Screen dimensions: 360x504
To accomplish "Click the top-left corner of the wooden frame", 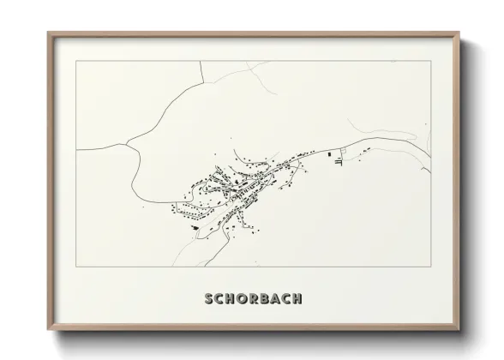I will (x=48, y=33).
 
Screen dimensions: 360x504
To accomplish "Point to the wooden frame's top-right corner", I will (x=459, y=33).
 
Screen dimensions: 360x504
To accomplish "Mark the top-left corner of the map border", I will (x=77, y=62).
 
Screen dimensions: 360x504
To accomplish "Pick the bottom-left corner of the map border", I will (x=77, y=267).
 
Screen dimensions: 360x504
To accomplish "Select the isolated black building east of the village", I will (x=329, y=153).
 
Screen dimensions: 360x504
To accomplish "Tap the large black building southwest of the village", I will (x=196, y=228).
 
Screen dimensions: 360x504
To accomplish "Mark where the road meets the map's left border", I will (x=77, y=148).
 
